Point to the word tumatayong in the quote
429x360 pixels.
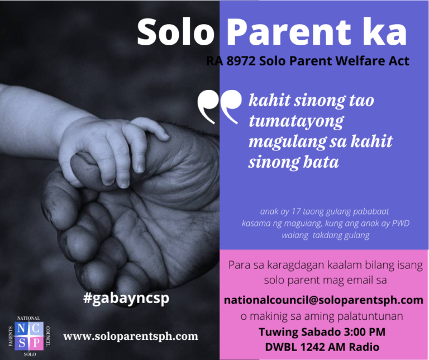tap(296, 121)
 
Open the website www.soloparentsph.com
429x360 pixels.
tap(131, 336)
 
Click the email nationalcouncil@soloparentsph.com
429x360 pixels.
tap(323, 300)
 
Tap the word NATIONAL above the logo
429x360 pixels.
tap(29, 318)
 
